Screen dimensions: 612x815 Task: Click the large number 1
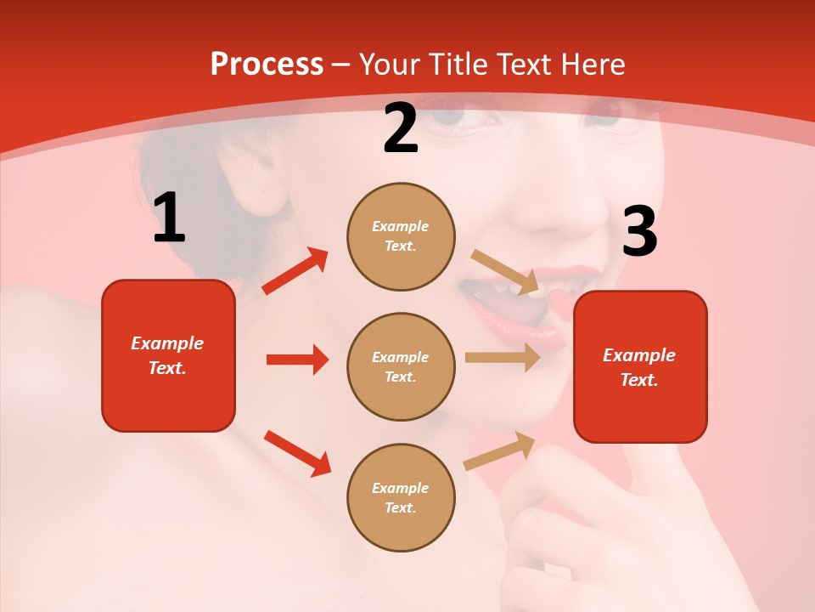point(169,218)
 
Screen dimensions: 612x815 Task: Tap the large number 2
point(401,129)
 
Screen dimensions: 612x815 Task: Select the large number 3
point(639,232)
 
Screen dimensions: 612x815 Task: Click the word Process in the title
point(267,64)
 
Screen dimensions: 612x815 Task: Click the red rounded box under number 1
point(168,355)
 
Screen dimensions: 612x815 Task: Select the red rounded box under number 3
point(640,367)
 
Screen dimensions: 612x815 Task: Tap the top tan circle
point(401,236)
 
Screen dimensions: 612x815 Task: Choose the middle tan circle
point(401,366)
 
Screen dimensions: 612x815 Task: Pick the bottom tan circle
point(401,497)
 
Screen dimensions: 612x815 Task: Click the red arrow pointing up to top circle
point(295,271)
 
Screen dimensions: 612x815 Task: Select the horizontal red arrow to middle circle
point(297,360)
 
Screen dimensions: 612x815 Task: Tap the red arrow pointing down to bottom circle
point(297,453)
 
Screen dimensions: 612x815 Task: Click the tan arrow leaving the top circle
point(505,271)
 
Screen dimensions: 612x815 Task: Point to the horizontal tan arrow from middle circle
point(502,358)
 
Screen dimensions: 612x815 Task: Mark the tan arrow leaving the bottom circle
point(499,450)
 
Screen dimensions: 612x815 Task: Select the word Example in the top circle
point(401,226)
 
